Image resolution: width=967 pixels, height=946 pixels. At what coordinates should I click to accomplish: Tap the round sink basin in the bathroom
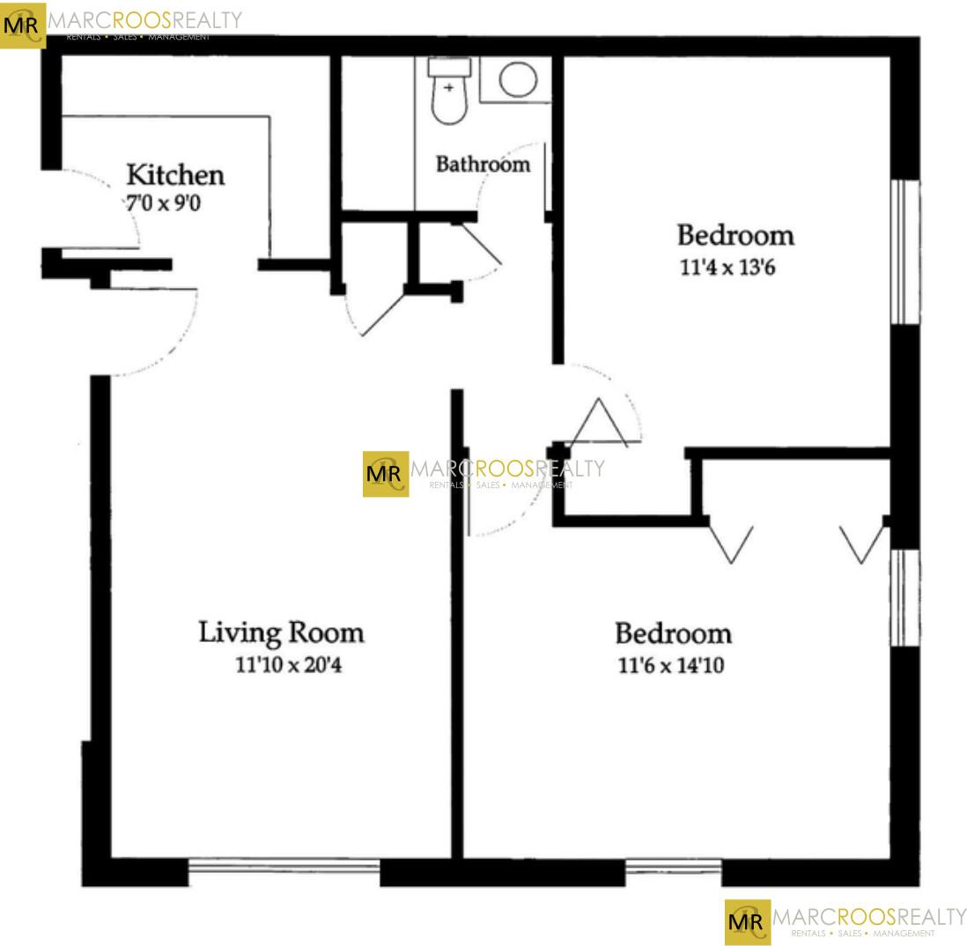pos(518,79)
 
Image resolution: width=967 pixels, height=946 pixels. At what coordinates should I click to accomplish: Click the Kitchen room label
pos(176,175)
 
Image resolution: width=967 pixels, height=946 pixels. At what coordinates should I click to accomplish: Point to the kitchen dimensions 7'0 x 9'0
pos(164,203)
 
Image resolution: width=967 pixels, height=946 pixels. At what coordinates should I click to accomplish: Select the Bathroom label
pos(483,164)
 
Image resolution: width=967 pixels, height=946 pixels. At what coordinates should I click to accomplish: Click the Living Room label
pos(281,632)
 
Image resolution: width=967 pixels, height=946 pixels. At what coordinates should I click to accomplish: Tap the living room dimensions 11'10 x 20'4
pos(289,665)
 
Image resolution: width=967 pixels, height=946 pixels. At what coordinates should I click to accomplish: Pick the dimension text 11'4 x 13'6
pos(727,268)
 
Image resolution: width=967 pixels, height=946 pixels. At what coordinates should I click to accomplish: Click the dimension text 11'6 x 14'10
pos(671,665)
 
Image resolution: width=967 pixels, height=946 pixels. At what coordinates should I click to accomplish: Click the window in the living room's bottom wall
pos(284,867)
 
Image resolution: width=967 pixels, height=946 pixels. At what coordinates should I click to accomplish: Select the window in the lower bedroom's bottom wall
pos(674,868)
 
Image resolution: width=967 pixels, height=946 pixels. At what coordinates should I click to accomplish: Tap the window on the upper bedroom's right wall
pos(905,252)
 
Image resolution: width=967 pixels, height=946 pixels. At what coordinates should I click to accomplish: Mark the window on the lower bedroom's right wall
pos(905,598)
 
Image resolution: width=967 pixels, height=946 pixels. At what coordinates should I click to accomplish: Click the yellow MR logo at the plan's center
pos(386,474)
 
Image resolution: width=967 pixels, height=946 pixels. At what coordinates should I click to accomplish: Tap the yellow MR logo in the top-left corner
pos(22,26)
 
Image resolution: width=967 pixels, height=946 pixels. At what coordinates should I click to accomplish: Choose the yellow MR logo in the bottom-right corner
pos(748,922)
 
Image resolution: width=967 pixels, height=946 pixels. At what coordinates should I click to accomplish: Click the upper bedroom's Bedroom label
pos(735,235)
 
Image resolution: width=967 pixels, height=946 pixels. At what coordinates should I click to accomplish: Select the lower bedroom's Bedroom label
pos(674,633)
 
